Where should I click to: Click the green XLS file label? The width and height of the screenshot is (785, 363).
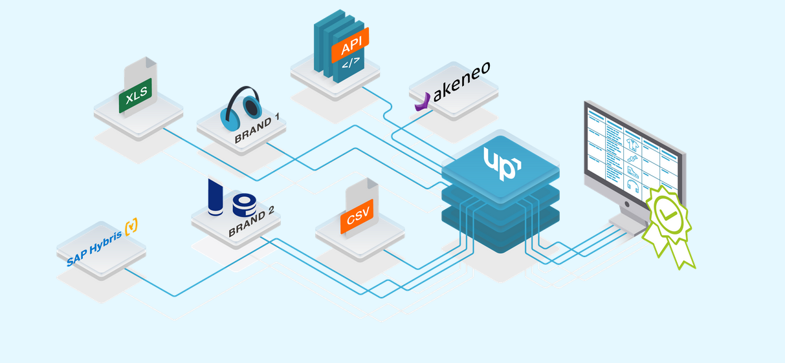point(137,98)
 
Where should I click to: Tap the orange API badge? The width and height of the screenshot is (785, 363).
point(349,47)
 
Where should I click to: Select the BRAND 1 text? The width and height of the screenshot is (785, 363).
point(257,129)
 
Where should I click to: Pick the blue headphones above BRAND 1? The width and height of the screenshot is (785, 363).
point(241,107)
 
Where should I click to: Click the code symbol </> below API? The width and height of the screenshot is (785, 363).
point(350,64)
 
